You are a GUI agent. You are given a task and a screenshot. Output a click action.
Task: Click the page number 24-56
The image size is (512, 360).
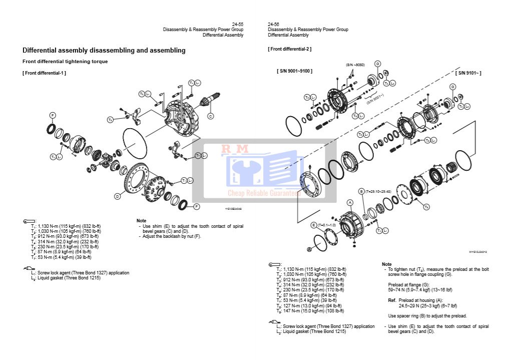[x=273, y=24]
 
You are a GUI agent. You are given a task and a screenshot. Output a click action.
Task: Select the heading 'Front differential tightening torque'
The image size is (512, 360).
[x=65, y=62]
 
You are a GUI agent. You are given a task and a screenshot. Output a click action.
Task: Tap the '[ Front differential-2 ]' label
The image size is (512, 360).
[x=289, y=49]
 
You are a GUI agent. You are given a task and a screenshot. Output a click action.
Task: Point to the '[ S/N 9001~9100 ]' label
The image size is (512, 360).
[x=295, y=71]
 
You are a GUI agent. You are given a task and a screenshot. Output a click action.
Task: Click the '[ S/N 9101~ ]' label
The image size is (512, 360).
[x=468, y=73]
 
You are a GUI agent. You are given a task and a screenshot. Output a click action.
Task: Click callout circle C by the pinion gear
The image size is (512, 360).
[x=210, y=116]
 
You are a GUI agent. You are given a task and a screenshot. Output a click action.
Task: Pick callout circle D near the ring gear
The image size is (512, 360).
[x=117, y=196]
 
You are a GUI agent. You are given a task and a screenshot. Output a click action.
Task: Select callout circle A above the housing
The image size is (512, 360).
[x=350, y=202]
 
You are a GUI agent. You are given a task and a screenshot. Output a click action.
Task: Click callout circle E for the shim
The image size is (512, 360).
[x=314, y=225]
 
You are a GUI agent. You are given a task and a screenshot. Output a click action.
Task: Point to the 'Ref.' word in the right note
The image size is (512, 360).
[x=392, y=300]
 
